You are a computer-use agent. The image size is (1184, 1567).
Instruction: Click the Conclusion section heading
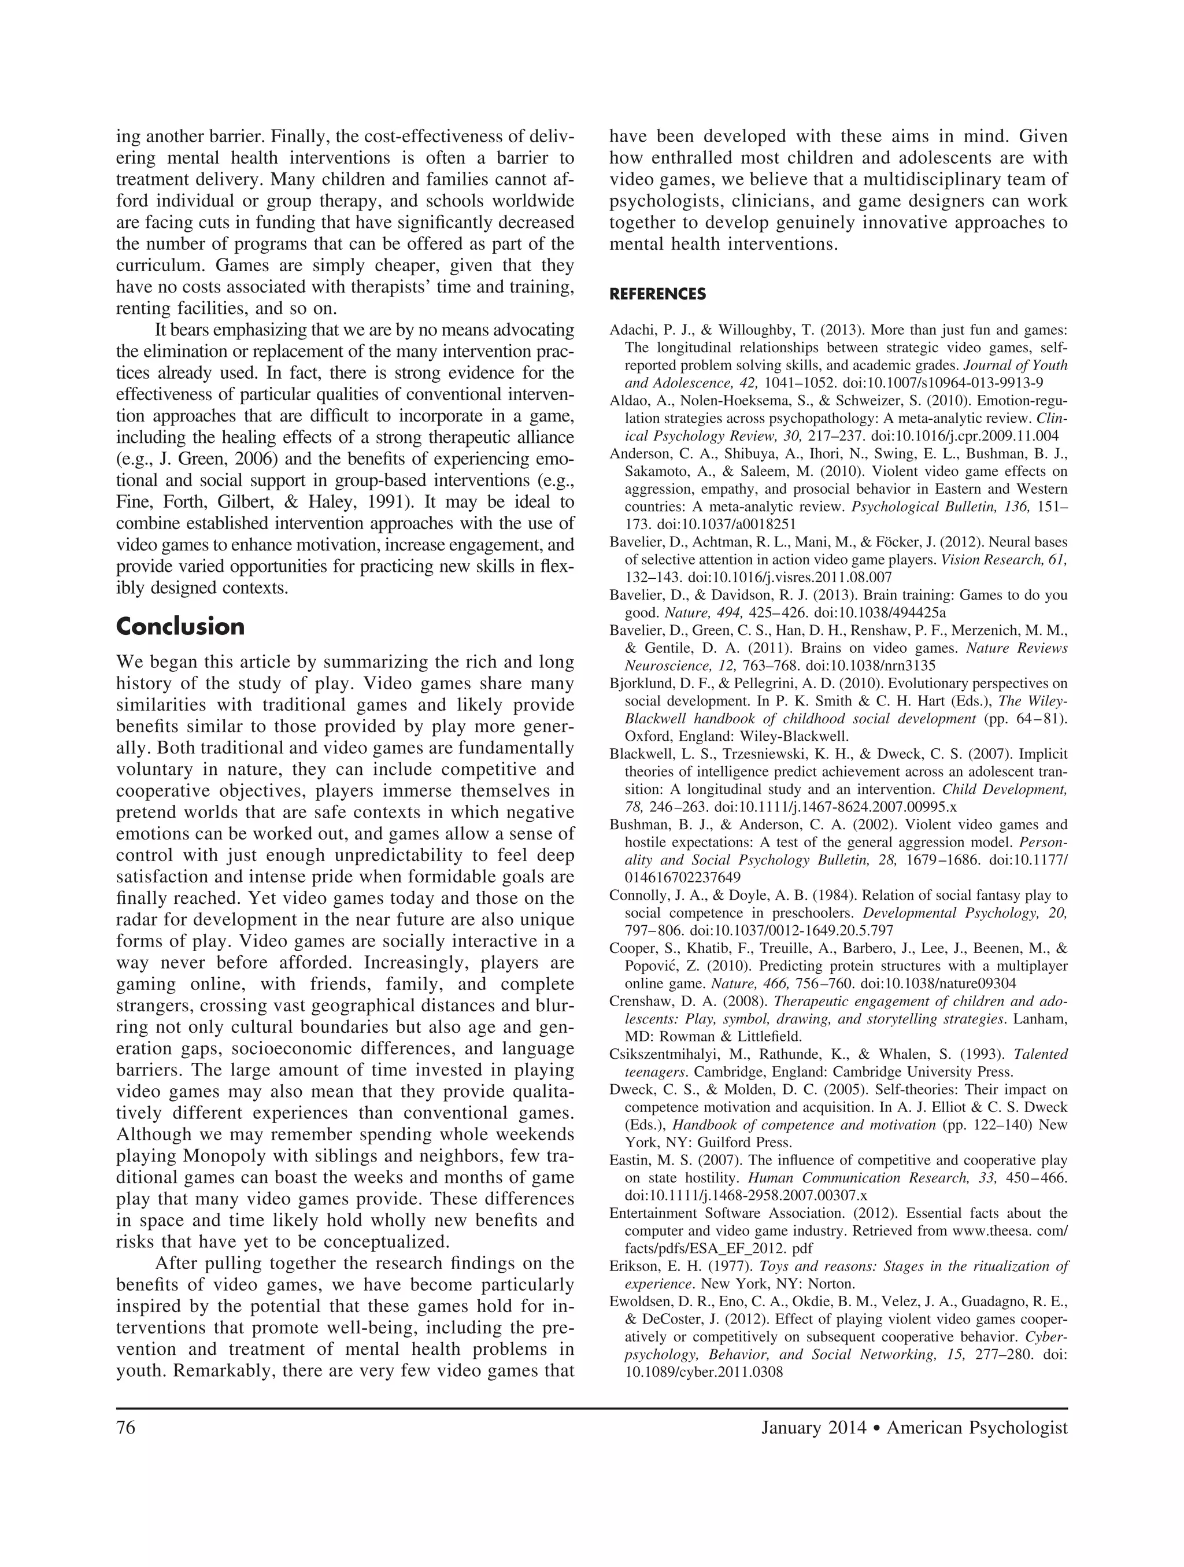tap(180, 627)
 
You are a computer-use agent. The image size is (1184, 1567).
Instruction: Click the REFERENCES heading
tap(657, 294)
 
